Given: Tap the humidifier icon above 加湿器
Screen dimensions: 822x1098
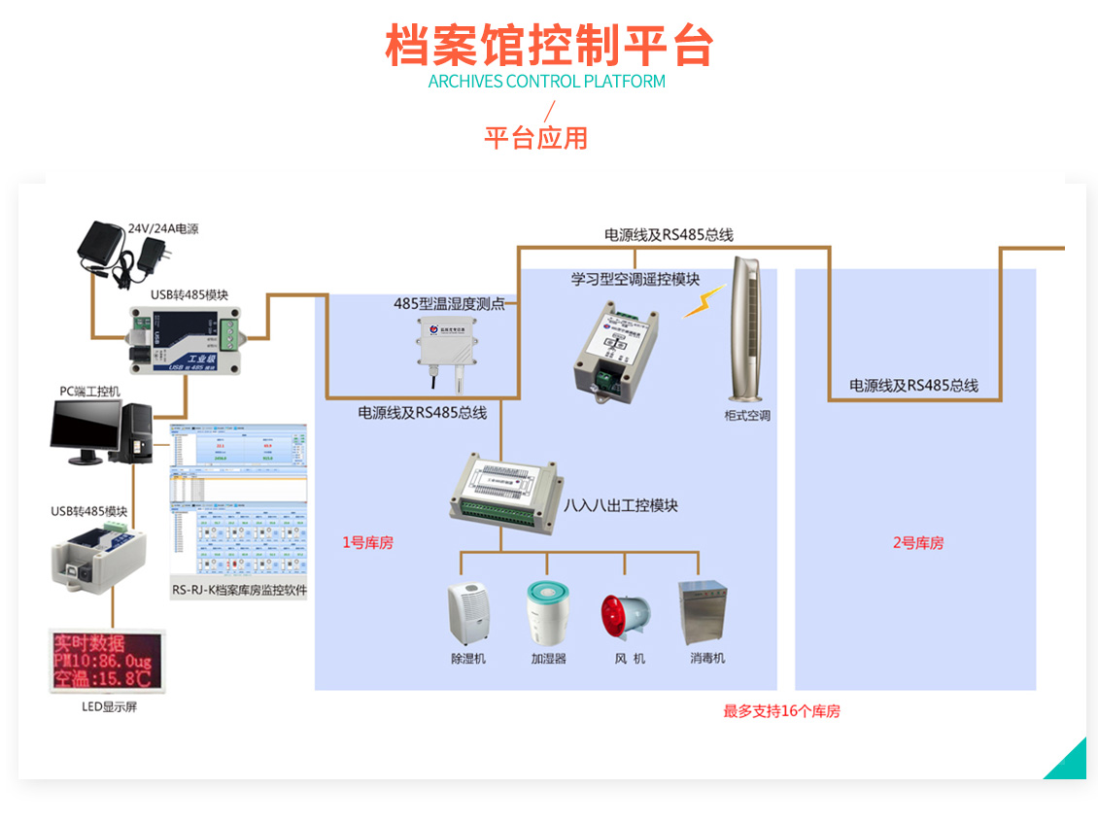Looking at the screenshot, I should point(547,613).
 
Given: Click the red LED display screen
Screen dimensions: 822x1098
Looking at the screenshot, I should point(107,660).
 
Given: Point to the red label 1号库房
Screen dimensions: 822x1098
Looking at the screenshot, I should point(367,543).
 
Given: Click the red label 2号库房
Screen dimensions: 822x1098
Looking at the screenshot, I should point(917,543).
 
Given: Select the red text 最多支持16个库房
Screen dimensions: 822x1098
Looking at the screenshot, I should point(781,711).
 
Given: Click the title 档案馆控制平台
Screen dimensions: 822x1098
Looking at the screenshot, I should point(549,45).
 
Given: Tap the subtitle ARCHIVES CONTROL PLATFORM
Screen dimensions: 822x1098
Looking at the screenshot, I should point(547,82).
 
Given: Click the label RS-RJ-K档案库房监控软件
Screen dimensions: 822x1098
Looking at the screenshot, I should point(239,589).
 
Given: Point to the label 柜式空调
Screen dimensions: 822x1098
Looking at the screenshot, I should point(747,416).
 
